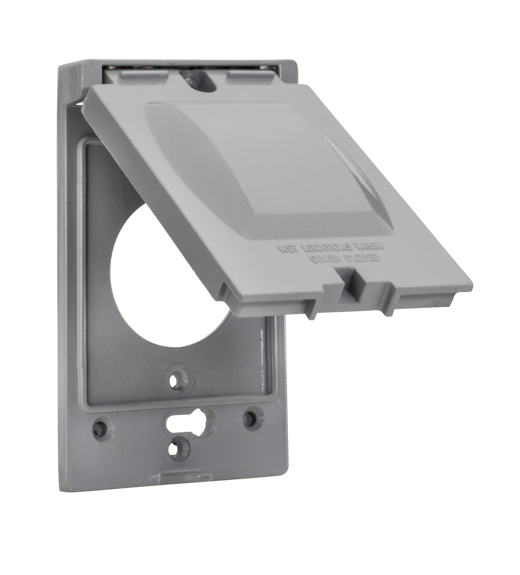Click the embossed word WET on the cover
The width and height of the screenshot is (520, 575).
(x=288, y=248)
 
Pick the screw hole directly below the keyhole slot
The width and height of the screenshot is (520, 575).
(x=180, y=448)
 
